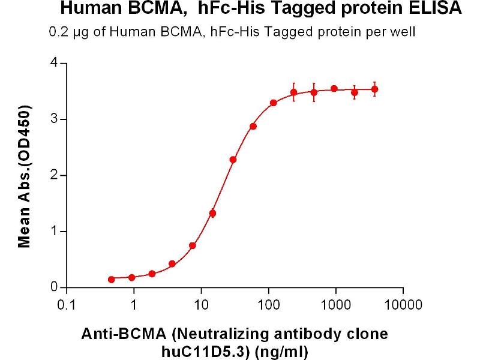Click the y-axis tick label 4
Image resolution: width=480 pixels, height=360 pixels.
(55, 63)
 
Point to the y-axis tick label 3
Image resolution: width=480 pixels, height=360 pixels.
(55, 119)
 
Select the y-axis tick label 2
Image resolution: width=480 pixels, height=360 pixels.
(55, 175)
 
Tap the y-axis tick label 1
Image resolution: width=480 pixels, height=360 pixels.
(55, 231)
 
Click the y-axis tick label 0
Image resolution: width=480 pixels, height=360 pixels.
(55, 287)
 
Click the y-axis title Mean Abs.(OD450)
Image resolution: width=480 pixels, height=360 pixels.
(25, 177)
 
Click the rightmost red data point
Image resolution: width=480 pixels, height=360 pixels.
(375, 89)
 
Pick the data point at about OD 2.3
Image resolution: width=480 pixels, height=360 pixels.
(233, 160)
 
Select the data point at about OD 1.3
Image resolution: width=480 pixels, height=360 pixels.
(212, 213)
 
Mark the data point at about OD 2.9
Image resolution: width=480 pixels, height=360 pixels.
(253, 126)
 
